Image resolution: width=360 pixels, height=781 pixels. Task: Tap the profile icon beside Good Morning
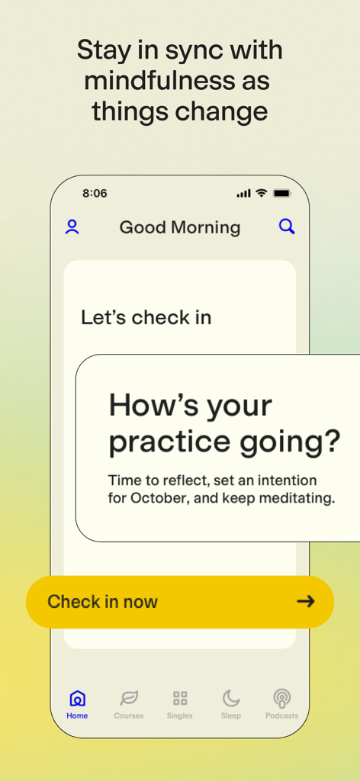tap(72, 227)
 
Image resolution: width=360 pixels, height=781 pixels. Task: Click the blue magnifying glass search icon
tap(287, 227)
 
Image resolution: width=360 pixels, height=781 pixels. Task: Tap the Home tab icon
tap(77, 698)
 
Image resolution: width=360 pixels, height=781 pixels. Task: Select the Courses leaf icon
tap(129, 698)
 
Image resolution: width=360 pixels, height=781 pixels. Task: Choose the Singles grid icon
tap(180, 698)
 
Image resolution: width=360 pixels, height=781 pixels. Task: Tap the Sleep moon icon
tap(231, 698)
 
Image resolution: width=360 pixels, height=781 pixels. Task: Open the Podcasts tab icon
tap(281, 698)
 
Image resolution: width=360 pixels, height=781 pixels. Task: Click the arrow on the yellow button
tap(306, 602)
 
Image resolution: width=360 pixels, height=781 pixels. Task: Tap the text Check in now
tap(102, 602)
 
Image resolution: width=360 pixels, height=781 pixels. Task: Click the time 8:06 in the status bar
tap(95, 194)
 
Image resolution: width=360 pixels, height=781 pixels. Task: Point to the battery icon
tap(282, 194)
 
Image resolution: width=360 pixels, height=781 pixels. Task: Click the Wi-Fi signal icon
tap(262, 194)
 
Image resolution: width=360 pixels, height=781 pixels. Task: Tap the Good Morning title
tap(180, 227)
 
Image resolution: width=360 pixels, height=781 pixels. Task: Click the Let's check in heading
tap(146, 317)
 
